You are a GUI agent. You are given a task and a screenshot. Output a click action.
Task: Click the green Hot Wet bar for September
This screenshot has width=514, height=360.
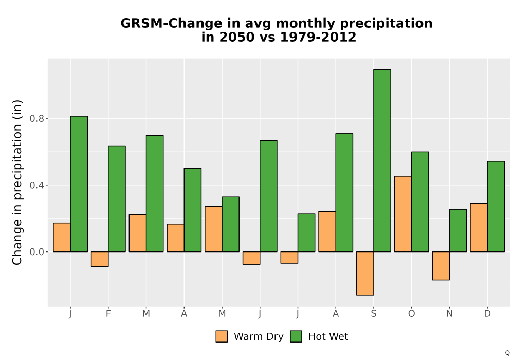(x=382, y=160)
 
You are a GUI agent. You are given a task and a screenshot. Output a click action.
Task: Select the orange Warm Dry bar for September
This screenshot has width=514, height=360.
(x=365, y=274)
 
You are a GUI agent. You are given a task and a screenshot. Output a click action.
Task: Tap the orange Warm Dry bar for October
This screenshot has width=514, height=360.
(x=403, y=214)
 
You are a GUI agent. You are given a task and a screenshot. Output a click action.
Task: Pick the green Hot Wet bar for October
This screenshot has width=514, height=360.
(x=420, y=202)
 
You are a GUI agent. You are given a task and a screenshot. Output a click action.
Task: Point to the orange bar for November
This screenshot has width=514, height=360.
(x=441, y=266)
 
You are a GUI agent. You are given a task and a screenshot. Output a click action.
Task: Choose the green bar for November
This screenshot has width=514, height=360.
(x=458, y=230)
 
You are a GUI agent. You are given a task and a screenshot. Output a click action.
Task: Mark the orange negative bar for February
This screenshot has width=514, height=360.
(x=100, y=259)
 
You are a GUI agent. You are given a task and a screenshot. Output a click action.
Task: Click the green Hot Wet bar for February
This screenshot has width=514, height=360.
(x=117, y=199)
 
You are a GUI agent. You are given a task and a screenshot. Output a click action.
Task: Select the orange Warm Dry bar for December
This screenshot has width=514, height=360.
(x=479, y=227)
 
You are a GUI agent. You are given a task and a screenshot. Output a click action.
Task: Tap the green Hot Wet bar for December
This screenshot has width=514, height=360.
(x=495, y=207)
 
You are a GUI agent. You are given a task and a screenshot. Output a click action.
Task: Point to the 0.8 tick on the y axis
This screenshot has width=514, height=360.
(x=36, y=118)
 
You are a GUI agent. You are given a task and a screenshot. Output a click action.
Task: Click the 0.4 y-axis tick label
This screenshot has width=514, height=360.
(x=36, y=185)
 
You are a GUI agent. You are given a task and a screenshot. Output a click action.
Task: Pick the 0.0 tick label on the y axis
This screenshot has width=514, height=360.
(x=36, y=252)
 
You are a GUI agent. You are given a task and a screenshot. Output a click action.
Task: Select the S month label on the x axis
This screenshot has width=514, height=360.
(x=374, y=314)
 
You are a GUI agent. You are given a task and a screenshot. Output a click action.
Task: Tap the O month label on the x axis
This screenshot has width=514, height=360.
(x=411, y=314)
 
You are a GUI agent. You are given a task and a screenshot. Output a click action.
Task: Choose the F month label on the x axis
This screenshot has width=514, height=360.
(x=108, y=314)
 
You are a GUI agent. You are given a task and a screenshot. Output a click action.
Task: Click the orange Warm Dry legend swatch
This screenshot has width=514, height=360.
(x=222, y=336)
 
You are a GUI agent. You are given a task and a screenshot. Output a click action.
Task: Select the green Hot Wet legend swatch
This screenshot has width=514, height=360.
(x=296, y=336)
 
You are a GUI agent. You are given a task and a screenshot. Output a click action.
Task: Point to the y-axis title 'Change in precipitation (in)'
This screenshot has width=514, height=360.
(x=17, y=182)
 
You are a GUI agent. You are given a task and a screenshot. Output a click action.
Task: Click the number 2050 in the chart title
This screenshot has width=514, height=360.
(x=236, y=37)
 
